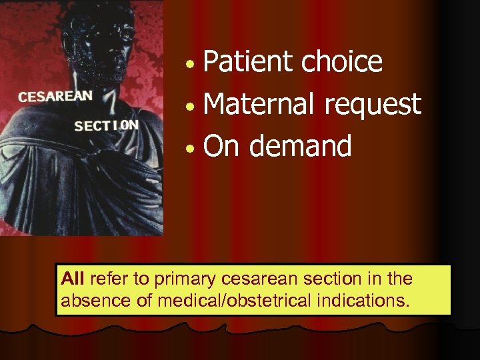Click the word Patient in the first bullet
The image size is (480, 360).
(x=248, y=62)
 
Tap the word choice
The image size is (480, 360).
(x=342, y=62)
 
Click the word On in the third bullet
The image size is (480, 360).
(x=221, y=145)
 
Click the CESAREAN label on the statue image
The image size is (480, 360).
(x=55, y=96)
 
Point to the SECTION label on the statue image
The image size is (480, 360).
(x=107, y=125)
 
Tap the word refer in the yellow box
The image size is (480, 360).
(x=104, y=278)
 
